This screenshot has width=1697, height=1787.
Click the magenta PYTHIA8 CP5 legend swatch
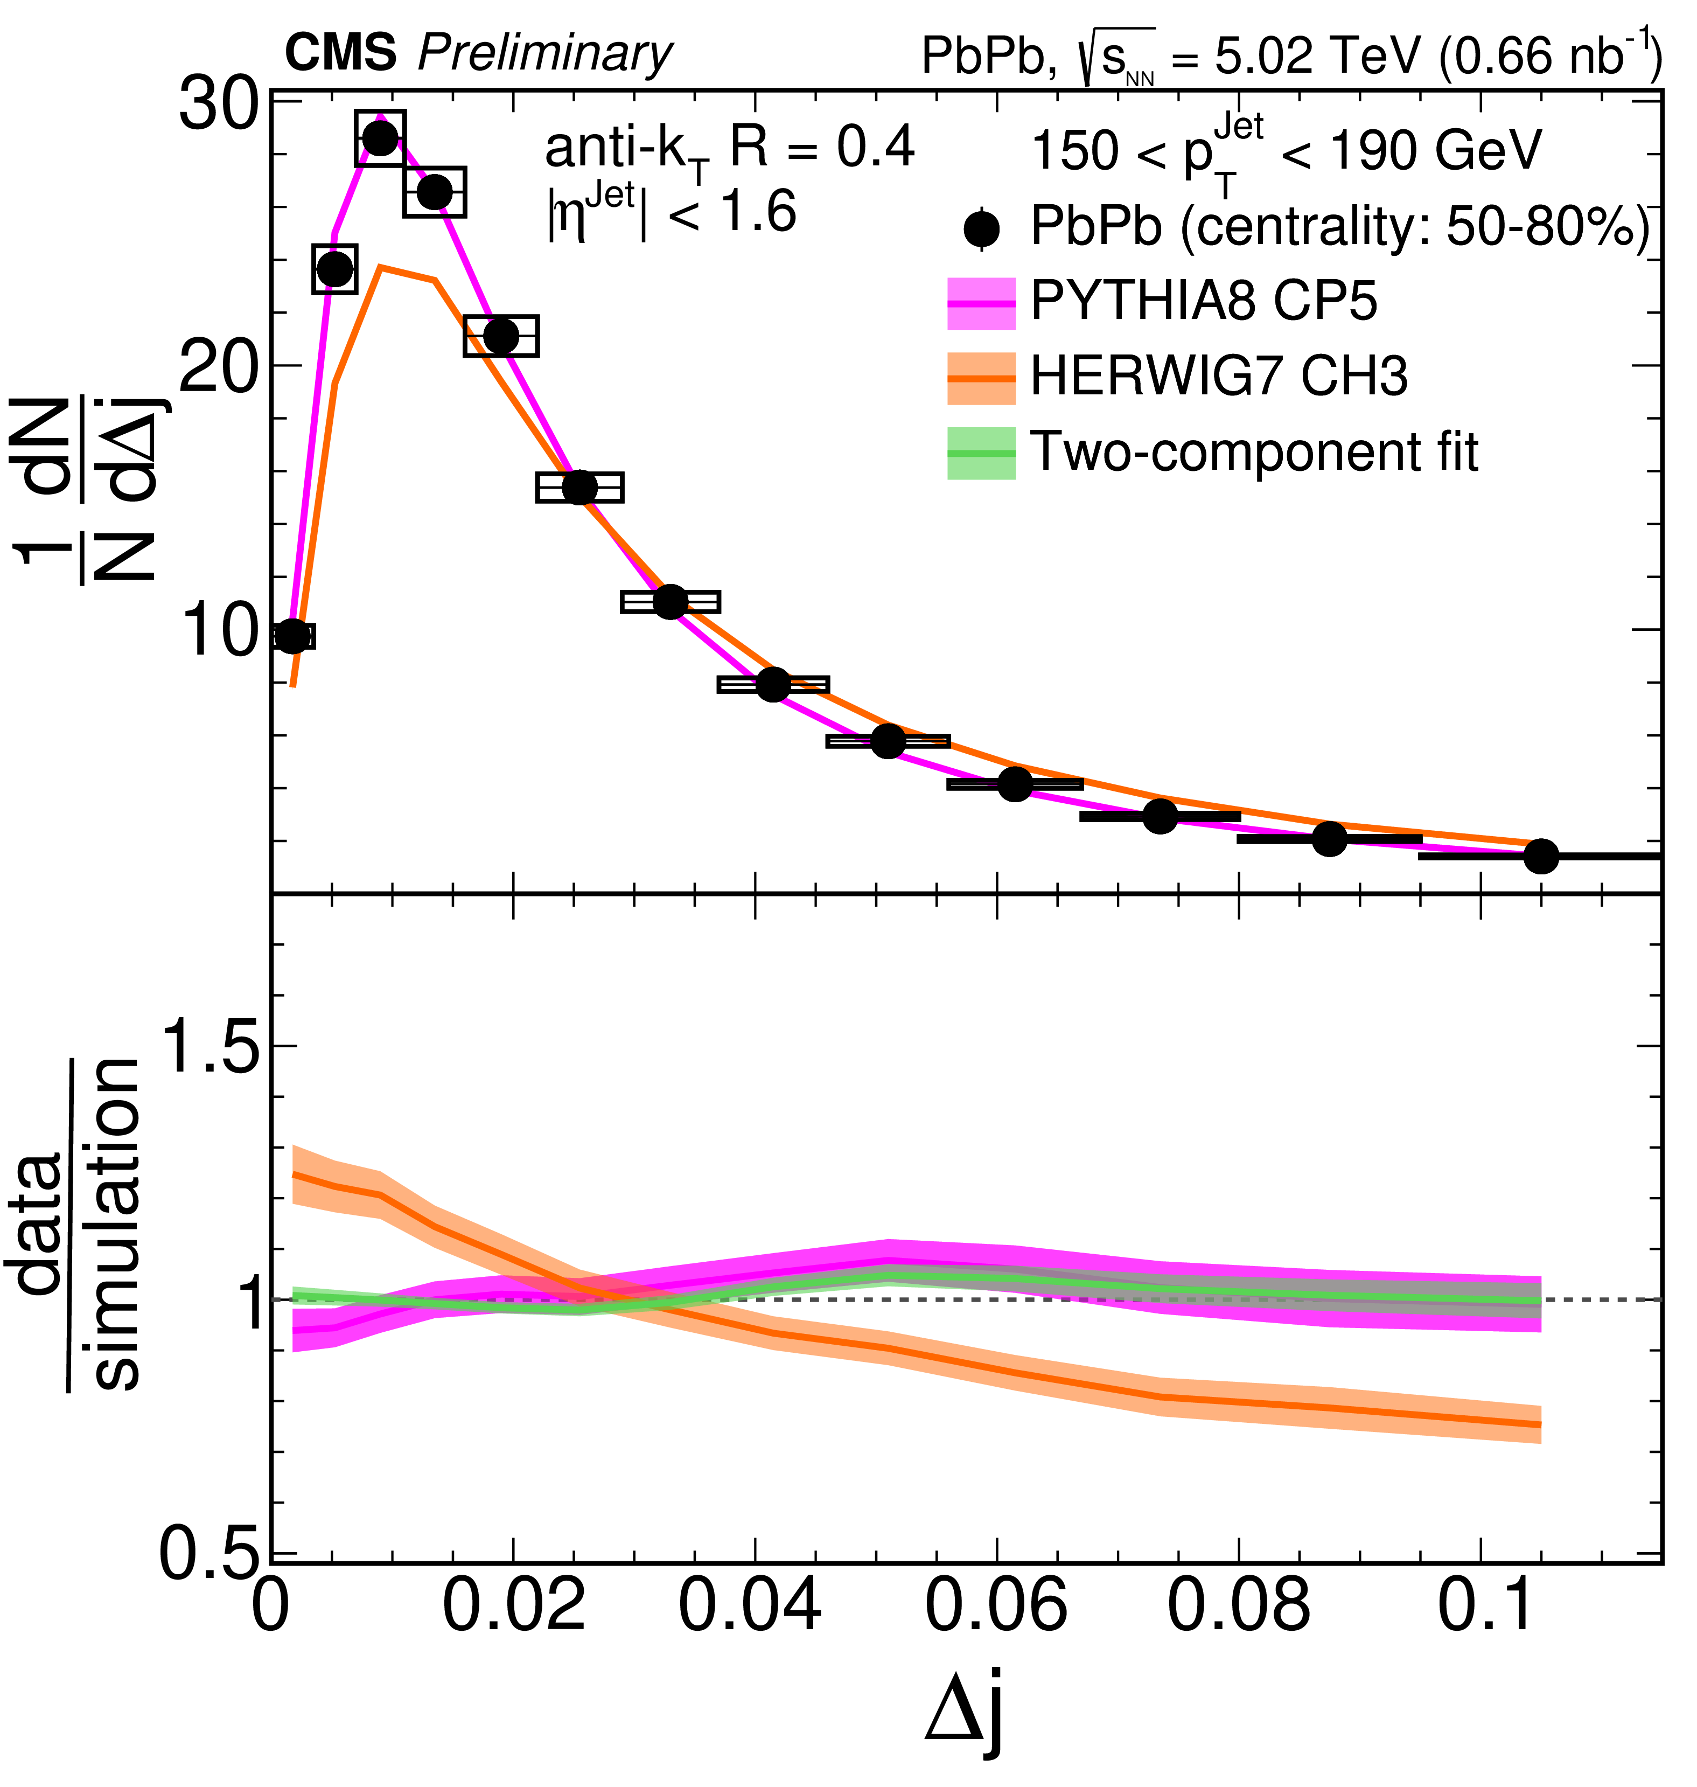click(981, 303)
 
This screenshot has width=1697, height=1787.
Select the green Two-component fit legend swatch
click(981, 453)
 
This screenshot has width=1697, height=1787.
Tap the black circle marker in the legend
click(981, 229)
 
